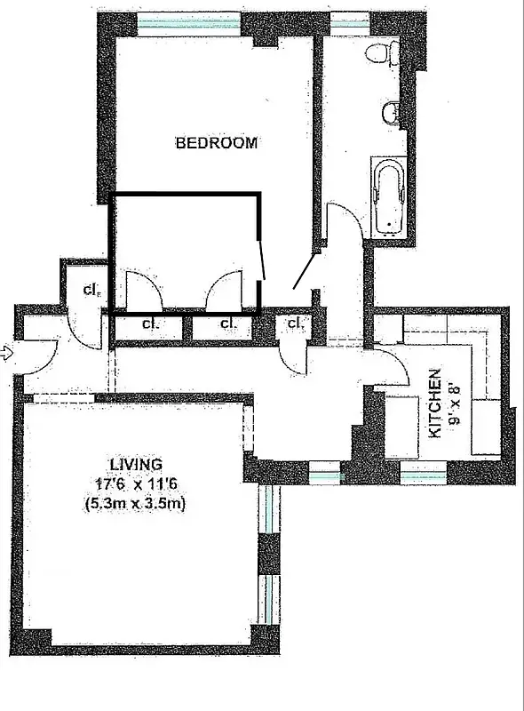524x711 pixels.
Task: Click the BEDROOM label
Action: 217,142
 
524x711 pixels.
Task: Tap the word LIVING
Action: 136,464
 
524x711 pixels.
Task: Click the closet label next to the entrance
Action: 91,289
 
